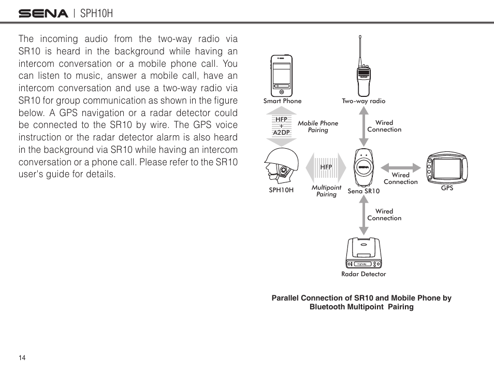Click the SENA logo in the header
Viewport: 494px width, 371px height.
pyautogui.click(x=43, y=13)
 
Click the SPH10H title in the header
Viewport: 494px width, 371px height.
pyautogui.click(x=97, y=13)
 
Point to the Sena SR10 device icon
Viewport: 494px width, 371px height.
pyautogui.click(x=364, y=167)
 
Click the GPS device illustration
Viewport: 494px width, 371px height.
pyautogui.click(x=446, y=168)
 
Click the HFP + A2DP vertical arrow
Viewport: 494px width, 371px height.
pyautogui.click(x=281, y=126)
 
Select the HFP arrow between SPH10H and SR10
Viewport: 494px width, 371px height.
pyautogui.click(x=326, y=167)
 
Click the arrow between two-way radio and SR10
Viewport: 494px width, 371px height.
pyautogui.click(x=364, y=126)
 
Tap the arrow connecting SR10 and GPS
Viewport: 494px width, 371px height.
pyautogui.click(x=400, y=167)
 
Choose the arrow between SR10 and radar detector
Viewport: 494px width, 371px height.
pyautogui.click(x=364, y=215)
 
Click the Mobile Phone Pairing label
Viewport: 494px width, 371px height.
pyautogui.click(x=318, y=126)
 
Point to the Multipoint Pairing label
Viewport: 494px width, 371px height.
pyautogui.click(x=326, y=191)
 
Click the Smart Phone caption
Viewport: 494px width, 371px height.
pyautogui.click(x=282, y=101)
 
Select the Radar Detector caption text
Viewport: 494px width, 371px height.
pyautogui.click(x=364, y=274)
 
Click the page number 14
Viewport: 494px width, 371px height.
pyautogui.click(x=22, y=359)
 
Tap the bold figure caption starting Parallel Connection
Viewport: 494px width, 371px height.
pyautogui.click(x=361, y=302)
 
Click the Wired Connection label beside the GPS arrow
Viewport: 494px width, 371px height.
pyautogui.click(x=400, y=179)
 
